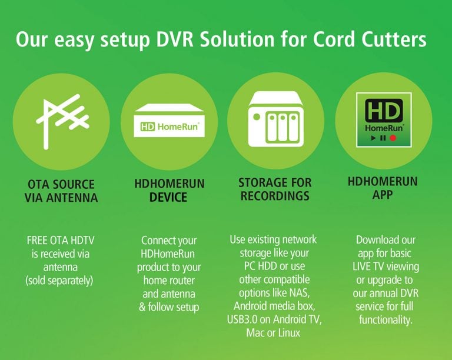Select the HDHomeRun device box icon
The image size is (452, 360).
(169, 121)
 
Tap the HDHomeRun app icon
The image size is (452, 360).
(383, 121)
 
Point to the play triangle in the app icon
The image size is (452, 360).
(373, 138)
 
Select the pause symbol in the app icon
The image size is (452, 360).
(383, 138)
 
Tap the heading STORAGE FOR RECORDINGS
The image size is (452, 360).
(275, 189)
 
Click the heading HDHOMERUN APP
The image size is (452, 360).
(383, 188)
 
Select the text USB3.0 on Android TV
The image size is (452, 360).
(275, 320)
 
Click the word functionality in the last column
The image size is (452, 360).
(386, 319)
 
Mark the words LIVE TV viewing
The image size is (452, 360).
(386, 266)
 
